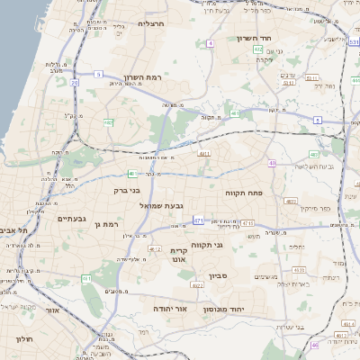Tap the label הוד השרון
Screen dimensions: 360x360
[255, 39]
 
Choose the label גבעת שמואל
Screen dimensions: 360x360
[164, 206]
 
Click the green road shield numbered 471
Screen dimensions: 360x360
[199, 220]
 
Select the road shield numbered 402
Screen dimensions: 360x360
[258, 49]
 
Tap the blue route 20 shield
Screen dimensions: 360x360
[74, 82]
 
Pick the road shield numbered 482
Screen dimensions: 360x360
[109, 121]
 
